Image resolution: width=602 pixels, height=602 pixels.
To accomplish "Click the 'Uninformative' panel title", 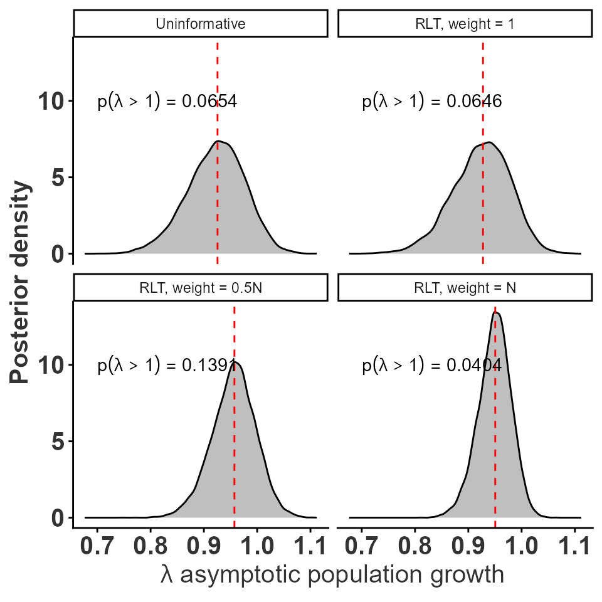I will [201, 24].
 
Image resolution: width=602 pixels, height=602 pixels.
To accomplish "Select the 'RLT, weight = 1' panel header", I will [465, 24].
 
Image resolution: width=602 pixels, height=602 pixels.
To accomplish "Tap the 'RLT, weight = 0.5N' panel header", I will [201, 288].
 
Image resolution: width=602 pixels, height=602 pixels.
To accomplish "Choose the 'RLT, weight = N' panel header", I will [465, 288].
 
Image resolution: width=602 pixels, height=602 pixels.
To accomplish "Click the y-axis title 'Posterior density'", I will [20, 282].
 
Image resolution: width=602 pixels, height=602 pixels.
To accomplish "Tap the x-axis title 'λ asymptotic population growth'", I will [332, 574].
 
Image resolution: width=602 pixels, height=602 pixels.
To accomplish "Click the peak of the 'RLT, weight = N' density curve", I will [496, 312].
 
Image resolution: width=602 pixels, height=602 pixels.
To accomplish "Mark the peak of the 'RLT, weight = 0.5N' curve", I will [236, 362].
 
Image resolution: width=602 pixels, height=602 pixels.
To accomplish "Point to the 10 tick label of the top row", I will [51, 101].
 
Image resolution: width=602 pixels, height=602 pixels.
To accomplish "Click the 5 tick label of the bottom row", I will [59, 441].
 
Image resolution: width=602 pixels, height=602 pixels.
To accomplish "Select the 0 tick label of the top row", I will [59, 254].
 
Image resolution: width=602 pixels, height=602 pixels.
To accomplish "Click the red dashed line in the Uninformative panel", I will [218, 188].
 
